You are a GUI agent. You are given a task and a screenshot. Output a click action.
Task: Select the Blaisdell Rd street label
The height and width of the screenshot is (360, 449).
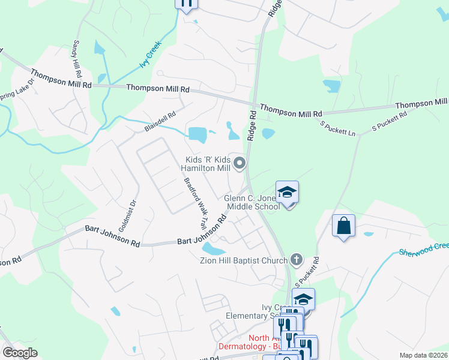160,121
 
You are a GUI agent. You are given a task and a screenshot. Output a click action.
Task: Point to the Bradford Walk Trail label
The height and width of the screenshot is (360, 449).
195,204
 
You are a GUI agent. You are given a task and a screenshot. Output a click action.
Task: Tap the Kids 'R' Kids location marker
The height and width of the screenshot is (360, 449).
240,163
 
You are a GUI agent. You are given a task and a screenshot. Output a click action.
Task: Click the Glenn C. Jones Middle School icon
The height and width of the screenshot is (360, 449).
288,192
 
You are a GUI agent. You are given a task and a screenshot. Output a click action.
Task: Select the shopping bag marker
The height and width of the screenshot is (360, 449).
343,226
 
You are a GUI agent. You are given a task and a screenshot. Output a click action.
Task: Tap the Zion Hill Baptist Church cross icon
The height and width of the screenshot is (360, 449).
296,260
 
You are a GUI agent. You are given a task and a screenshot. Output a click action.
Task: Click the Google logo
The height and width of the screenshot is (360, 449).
20,353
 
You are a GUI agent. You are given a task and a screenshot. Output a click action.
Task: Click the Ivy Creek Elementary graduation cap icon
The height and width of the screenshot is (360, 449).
304,299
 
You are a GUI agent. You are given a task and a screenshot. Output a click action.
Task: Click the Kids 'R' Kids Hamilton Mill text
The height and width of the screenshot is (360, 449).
207,164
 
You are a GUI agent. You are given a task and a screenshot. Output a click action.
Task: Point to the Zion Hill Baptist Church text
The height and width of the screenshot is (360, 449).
244,260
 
